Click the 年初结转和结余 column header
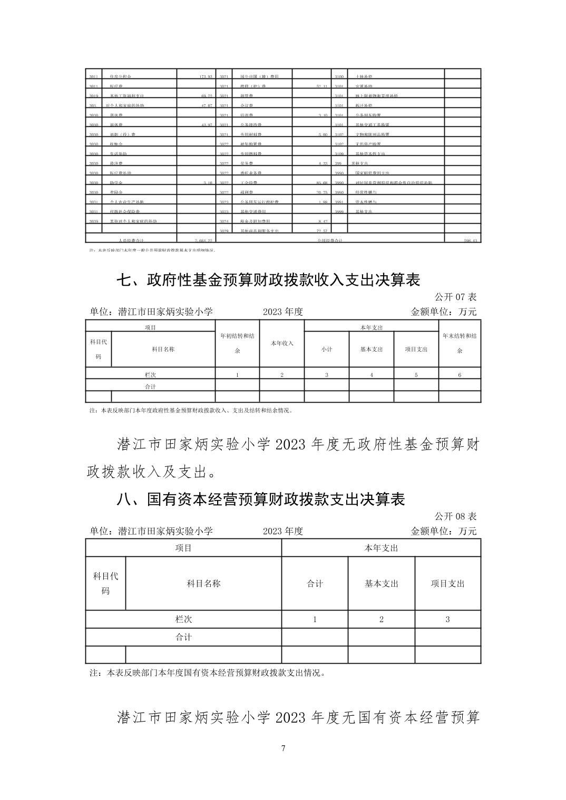click(237, 343)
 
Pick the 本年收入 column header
click(282, 343)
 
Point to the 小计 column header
click(327, 349)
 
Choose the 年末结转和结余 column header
click(460, 343)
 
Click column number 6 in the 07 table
click(460, 375)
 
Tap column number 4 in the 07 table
click(372, 375)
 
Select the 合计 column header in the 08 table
click(315, 584)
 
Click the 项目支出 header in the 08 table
click(448, 584)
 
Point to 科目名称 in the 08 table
click(203, 584)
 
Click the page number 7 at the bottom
click(283, 748)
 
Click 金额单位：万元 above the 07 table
click(443, 312)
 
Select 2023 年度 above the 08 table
click(283, 531)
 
